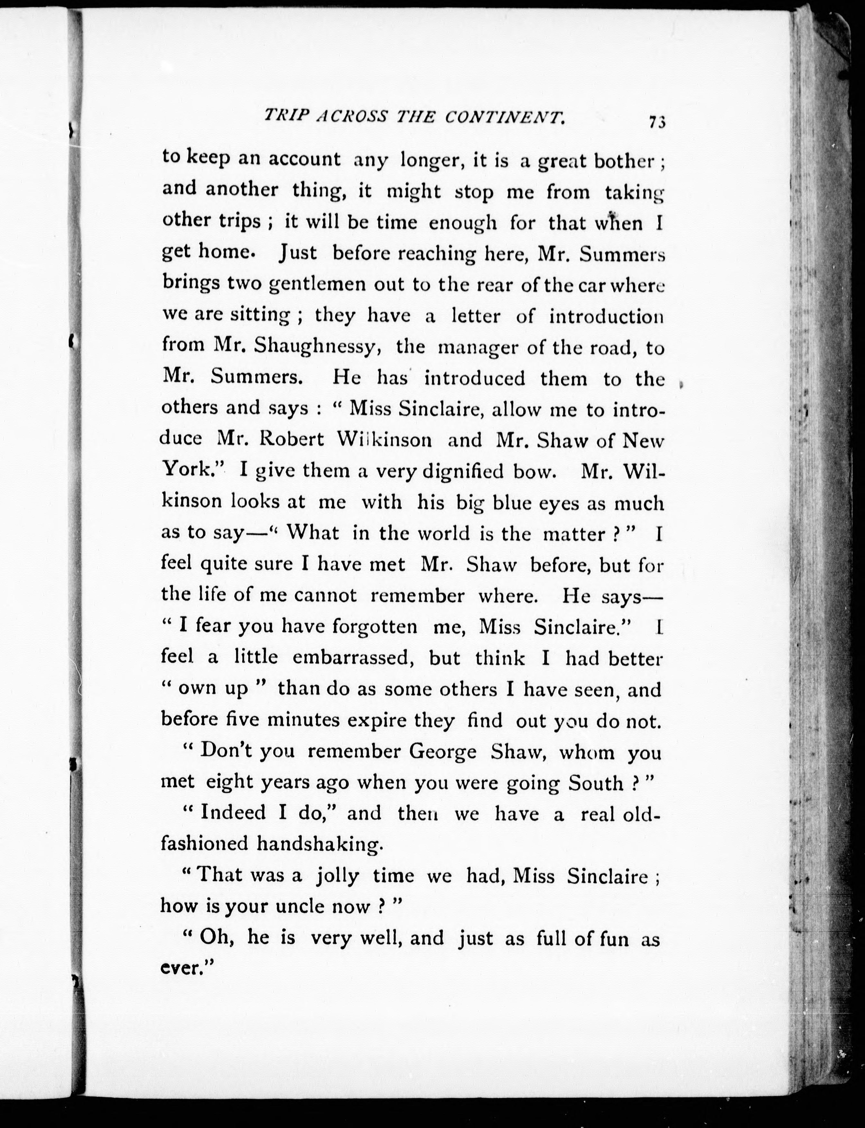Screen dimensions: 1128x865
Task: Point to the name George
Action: (x=442, y=753)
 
